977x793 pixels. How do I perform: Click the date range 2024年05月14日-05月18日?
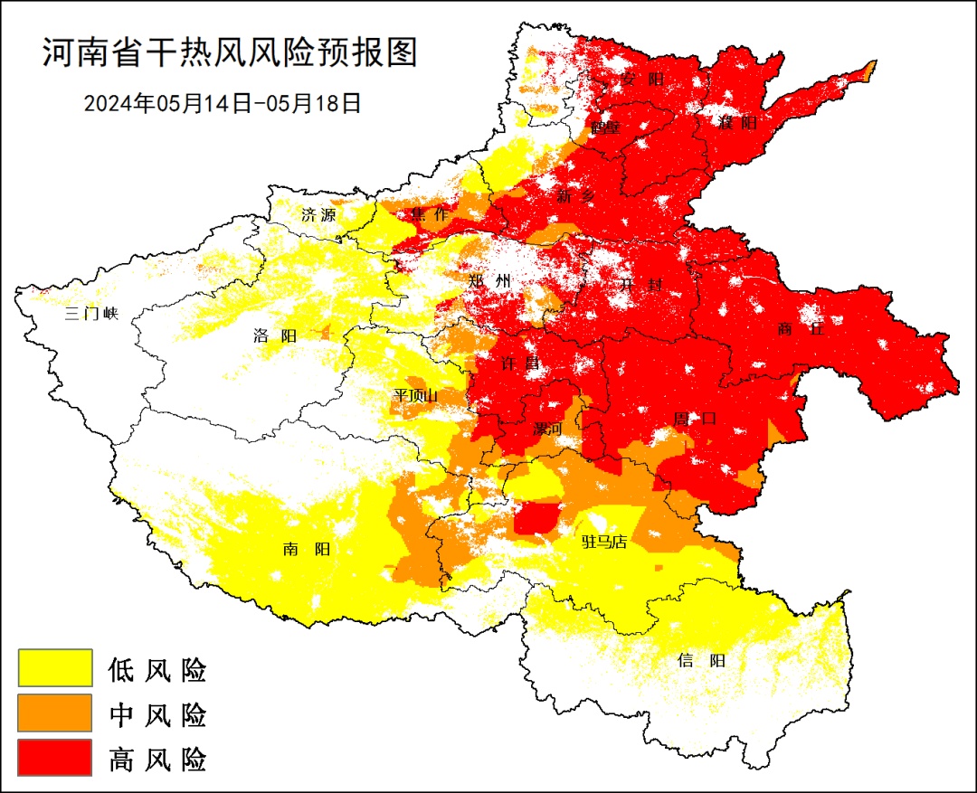pos(223,103)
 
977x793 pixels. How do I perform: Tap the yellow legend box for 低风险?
pos(55,668)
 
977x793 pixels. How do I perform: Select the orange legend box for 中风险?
pos(55,713)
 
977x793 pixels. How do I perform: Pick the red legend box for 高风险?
pos(55,758)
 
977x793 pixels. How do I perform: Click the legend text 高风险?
pos(157,759)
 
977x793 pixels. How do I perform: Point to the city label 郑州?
pos(489,281)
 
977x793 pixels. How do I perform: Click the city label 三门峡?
pos(91,314)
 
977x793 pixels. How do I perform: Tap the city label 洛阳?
pos(275,336)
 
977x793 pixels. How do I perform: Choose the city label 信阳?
pos(701,660)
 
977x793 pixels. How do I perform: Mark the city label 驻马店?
pos(603,542)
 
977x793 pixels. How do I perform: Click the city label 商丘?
pos(801,329)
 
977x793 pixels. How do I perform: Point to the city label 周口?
pos(695,419)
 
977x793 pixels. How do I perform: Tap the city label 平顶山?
pos(415,395)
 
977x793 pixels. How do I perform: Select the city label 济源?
pos(318,215)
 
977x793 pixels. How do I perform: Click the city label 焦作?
pos(429,214)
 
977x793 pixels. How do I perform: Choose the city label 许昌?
pos(519,363)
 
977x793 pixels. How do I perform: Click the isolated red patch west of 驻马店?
pos(536,519)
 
